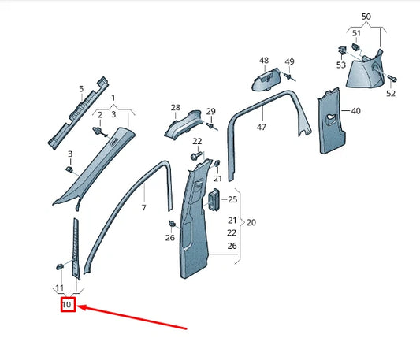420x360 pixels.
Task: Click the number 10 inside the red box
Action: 67,304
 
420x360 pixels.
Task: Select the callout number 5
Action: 80,89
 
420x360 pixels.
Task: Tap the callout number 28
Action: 175,108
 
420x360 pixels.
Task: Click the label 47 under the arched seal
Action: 262,127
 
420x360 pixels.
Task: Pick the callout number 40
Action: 355,111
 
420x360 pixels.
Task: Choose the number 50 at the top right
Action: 365,16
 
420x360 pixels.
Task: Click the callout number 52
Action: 391,94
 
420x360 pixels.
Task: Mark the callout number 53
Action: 341,65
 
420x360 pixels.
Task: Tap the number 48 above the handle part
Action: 263,60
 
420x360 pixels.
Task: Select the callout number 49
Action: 289,62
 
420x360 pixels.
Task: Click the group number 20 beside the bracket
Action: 251,222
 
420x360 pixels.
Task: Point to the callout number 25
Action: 233,199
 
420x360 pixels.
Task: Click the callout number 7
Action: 143,208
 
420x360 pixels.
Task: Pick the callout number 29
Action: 210,111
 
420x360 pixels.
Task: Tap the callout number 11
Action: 59,288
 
